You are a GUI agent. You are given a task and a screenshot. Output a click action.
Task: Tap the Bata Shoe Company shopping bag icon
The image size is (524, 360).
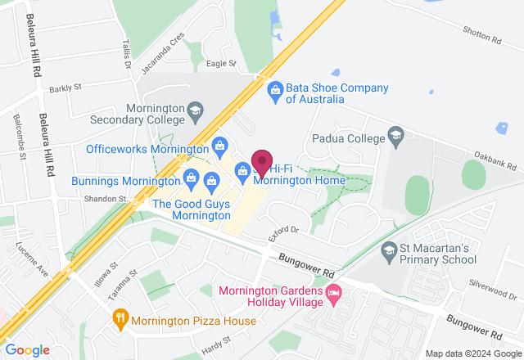[x=275, y=88]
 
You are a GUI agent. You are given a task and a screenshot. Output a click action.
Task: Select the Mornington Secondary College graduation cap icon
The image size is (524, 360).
[x=195, y=109]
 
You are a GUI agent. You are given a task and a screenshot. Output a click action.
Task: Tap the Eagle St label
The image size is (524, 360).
[x=221, y=63]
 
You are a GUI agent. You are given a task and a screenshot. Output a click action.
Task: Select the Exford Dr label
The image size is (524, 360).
[x=285, y=235]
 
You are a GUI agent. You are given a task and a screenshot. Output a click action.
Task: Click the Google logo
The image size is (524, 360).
[x=25, y=349]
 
